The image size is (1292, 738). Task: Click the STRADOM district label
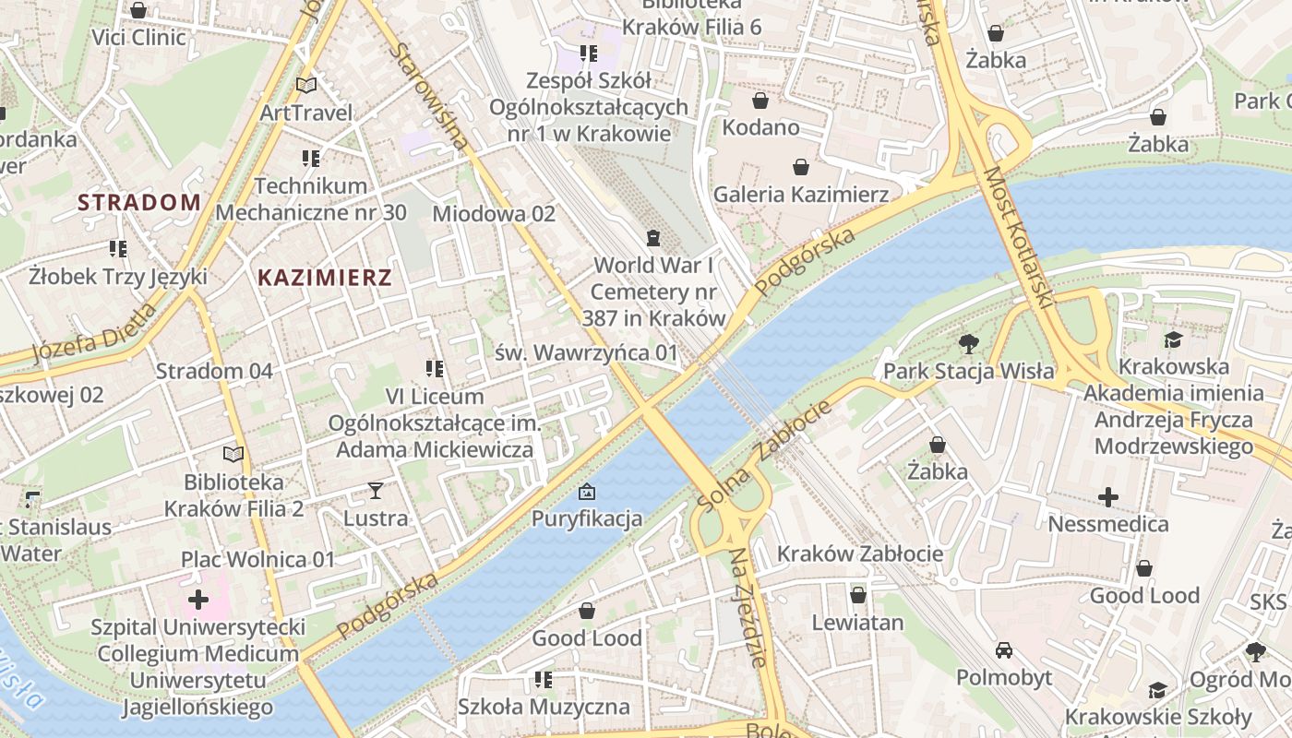138,203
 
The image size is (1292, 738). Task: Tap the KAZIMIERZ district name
324,278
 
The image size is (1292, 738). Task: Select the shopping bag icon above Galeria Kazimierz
800,167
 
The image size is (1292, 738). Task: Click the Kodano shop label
760,127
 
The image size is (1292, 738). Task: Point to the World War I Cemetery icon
653,238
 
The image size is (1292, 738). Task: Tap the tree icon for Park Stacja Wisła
968,344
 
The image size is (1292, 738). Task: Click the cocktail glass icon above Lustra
376,490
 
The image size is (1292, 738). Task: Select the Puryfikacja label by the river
587,518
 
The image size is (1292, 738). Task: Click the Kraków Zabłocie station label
860,553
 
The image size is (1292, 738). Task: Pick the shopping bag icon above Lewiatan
857,595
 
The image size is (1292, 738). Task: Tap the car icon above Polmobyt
1004,650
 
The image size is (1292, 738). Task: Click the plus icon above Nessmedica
1107,497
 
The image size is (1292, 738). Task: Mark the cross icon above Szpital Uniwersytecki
197,601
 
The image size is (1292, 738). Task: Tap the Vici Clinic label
138,38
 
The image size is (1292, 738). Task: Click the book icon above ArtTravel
305,85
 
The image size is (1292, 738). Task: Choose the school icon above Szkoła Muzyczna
544,680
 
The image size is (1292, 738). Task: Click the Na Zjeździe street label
748,607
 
